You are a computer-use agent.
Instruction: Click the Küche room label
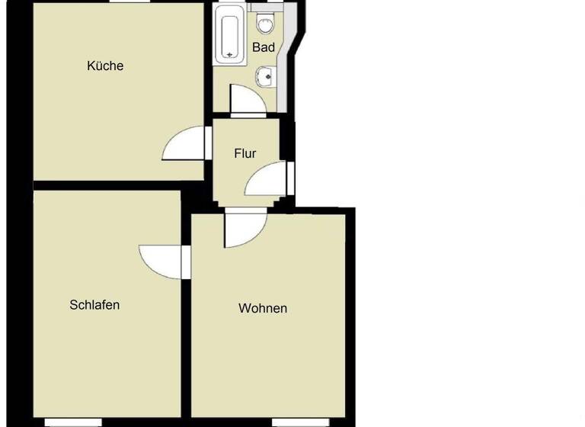[x=105, y=66]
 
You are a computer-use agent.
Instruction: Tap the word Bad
[x=264, y=47]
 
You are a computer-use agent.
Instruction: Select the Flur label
[x=245, y=153]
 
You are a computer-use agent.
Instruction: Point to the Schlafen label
[x=94, y=305]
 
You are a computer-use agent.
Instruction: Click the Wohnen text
[x=263, y=309]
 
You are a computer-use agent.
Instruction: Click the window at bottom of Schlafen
[x=73, y=422]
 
